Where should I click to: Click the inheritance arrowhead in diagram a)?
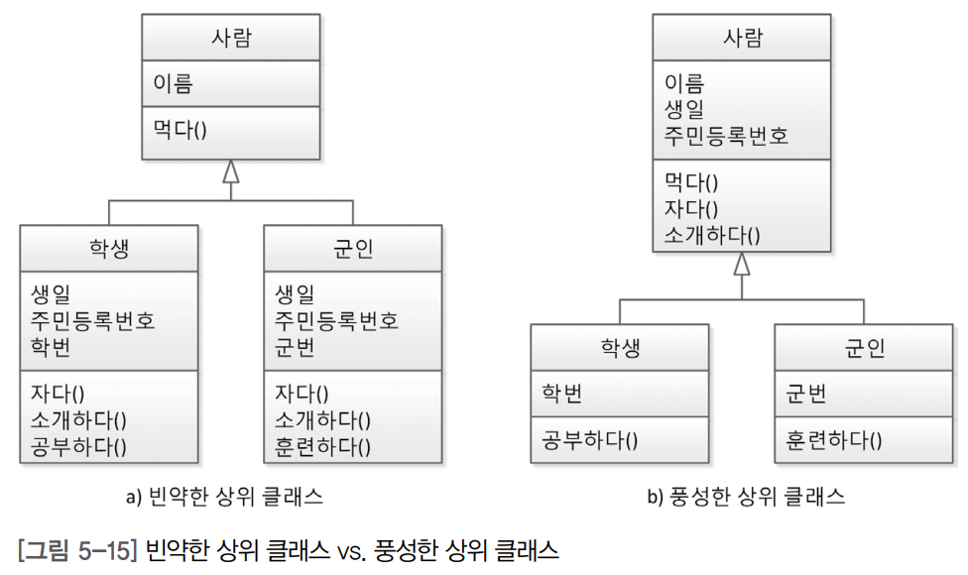point(231,172)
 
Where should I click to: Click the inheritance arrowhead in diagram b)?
point(742,264)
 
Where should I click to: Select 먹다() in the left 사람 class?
point(180,129)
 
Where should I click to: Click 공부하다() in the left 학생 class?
point(79,445)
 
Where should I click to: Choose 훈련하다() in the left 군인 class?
point(323,445)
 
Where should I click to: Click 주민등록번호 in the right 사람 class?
point(727,135)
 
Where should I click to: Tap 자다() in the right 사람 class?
point(690,208)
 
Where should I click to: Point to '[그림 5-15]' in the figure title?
point(76,548)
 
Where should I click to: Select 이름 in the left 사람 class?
point(173,83)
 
